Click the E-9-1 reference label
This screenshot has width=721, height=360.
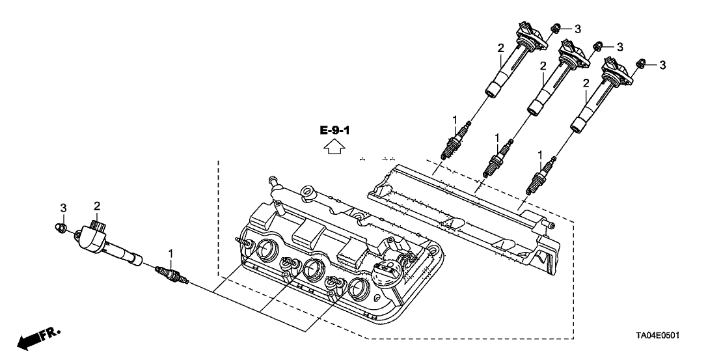click(335, 131)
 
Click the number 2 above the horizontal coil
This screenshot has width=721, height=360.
click(97, 206)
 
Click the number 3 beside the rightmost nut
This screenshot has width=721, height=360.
click(662, 64)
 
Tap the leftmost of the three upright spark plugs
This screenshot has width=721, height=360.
click(453, 142)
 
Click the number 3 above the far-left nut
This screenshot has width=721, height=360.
click(64, 207)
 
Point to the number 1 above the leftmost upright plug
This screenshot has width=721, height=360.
click(456, 119)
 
